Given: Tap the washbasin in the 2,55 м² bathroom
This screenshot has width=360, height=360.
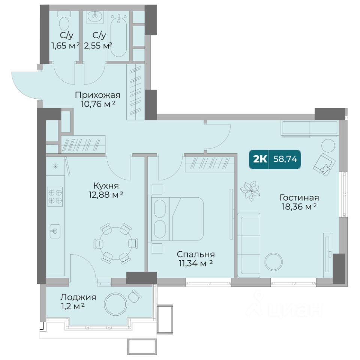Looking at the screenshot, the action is [94, 16].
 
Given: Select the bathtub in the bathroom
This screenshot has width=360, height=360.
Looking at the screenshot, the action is [118, 35].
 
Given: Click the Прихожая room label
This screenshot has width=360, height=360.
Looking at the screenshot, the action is [97, 95].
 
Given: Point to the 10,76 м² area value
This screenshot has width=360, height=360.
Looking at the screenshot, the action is [98, 104].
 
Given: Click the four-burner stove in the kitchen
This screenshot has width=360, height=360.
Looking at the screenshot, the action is [55, 196].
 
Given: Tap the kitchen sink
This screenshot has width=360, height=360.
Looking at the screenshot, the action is [55, 231].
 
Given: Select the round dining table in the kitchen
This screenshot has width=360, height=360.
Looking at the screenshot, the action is [116, 243].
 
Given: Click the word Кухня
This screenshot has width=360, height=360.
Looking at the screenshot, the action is [106, 186].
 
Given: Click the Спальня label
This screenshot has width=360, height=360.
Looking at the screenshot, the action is [196, 254].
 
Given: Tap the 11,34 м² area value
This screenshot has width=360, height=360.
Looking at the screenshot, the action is [196, 264].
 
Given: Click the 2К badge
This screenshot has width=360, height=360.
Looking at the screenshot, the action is [260, 159].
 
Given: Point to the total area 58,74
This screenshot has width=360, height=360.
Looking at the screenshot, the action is [285, 159].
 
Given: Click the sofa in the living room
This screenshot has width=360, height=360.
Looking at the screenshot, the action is [249, 245].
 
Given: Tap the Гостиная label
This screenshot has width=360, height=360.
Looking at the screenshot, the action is [299, 198].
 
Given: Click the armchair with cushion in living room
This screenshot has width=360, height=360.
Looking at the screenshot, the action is [324, 164].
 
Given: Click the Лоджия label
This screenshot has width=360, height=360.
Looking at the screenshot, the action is [78, 297].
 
